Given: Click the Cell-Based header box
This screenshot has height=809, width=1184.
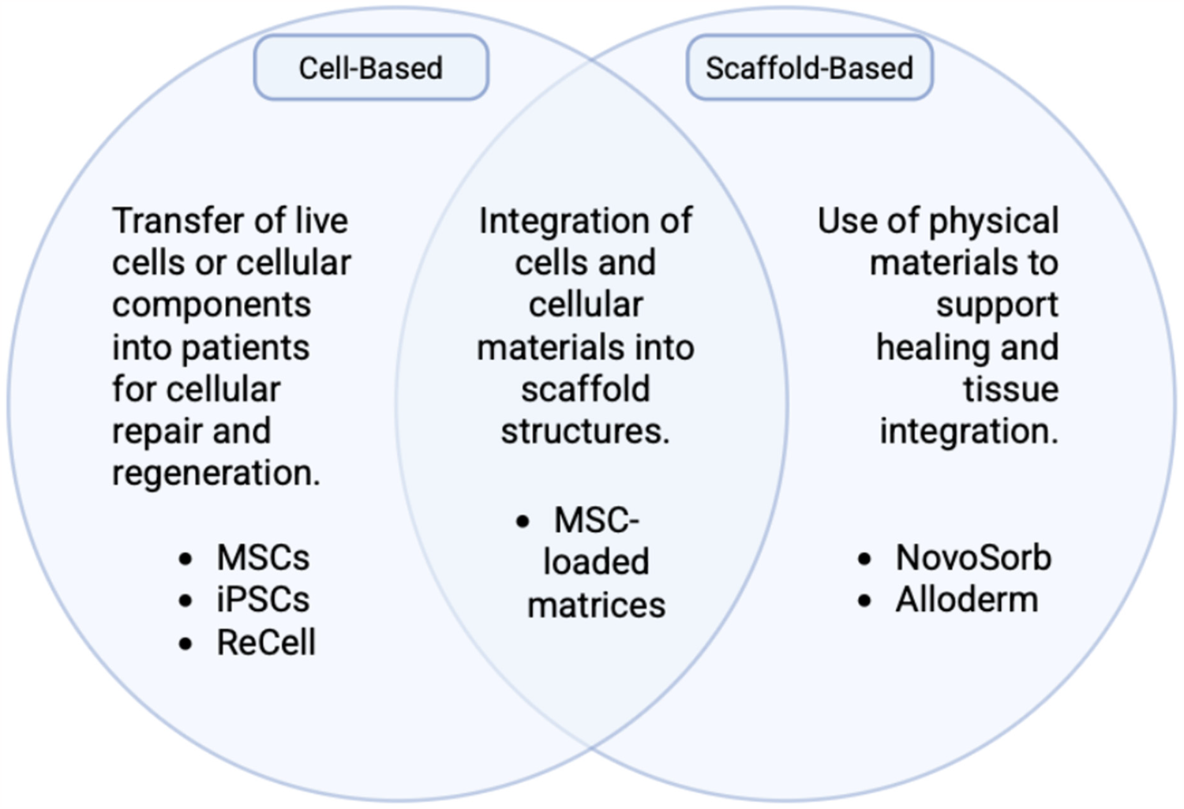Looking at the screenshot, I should [x=371, y=68].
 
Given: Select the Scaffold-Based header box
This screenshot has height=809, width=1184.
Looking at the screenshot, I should [x=809, y=68].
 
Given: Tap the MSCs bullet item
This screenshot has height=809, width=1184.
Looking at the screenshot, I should [x=263, y=558].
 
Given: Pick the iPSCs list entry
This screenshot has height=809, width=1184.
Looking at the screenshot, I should [x=263, y=600].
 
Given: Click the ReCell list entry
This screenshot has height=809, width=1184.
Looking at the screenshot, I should [x=266, y=642].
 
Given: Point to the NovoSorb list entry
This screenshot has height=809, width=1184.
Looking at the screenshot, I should [x=973, y=558].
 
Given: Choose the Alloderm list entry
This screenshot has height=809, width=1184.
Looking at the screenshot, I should [x=966, y=600].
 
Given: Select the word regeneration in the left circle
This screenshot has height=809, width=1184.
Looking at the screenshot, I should [x=215, y=473].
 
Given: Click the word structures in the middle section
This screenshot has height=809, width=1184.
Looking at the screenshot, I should [x=585, y=431].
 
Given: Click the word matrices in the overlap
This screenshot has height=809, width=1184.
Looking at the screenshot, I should [x=596, y=605].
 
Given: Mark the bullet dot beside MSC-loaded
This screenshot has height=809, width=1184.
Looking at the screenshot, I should [x=523, y=521].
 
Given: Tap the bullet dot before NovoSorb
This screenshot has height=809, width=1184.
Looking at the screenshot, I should [x=864, y=559].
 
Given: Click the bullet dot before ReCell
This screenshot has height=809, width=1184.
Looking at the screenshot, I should [x=185, y=643].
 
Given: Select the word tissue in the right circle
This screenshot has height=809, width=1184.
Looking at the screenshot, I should [x=1010, y=389].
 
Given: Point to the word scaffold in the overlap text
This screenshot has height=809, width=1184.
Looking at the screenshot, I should [x=585, y=389].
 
